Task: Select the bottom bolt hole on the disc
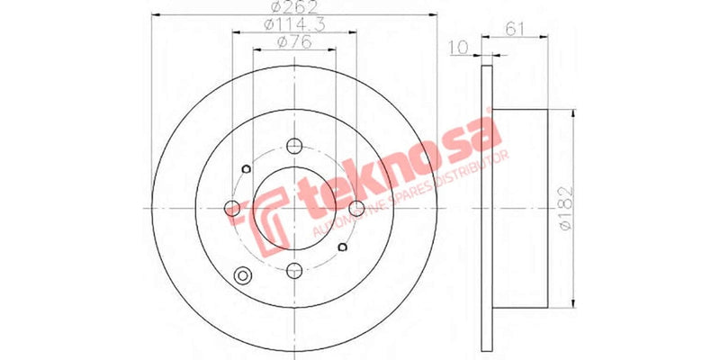click(295, 268)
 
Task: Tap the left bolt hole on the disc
click(234, 209)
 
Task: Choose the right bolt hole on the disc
click(356, 209)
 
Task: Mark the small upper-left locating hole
click(247, 168)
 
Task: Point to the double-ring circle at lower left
click(241, 277)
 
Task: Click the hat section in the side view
click(520, 208)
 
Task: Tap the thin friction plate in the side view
click(487, 208)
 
